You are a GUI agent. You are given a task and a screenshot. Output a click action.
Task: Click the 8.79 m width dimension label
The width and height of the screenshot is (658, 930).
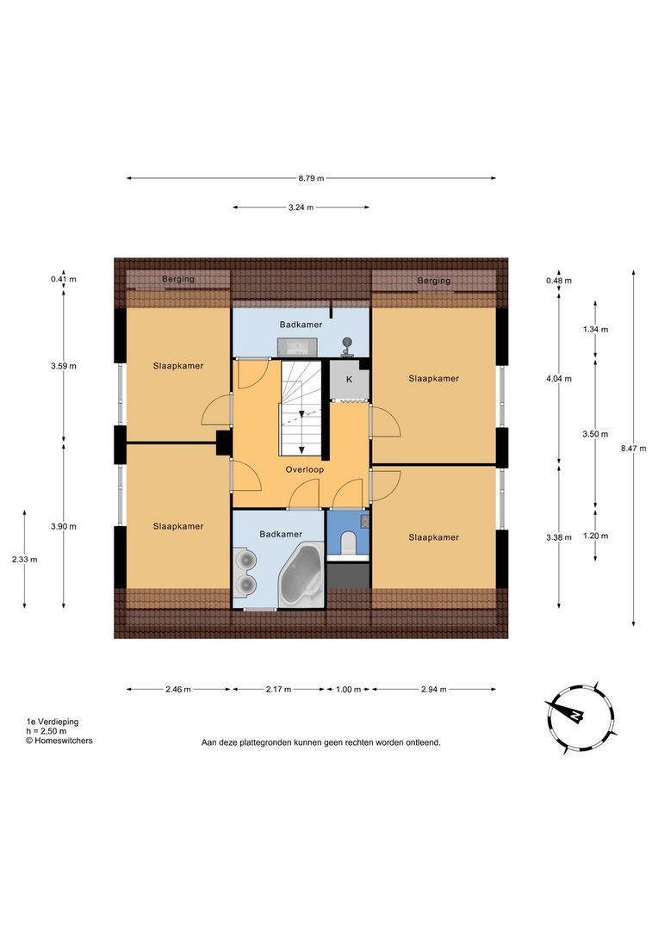311,178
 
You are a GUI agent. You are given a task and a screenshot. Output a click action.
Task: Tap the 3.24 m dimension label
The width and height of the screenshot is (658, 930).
301,208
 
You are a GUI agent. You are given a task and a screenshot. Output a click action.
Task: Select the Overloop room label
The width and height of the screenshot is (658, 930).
304,470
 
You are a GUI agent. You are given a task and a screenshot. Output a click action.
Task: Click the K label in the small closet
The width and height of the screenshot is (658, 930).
349,380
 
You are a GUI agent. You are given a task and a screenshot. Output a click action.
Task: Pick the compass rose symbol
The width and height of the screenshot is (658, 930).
579,717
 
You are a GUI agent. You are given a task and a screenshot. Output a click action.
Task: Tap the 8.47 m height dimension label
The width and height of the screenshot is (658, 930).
634,449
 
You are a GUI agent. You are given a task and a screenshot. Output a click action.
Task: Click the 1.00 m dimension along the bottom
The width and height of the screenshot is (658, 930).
348,689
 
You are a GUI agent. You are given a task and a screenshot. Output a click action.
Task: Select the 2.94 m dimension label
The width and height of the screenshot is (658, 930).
434,689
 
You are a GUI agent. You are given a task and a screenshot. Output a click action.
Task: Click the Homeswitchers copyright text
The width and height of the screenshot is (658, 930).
59,741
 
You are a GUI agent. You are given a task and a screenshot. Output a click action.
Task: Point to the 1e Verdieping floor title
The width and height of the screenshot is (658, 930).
52,722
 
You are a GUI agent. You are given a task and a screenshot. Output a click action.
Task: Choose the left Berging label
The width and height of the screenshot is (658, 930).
178,279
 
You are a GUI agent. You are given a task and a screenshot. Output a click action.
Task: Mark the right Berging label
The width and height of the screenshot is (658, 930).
434,281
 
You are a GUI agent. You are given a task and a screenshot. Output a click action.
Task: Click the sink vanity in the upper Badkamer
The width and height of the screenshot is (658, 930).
297,347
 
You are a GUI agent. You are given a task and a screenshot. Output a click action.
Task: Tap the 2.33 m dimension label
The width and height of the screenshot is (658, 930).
24,560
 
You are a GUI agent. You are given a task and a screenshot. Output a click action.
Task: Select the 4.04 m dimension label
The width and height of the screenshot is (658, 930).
559,378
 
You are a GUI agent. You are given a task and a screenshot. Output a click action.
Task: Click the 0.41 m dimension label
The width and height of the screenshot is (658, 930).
64,279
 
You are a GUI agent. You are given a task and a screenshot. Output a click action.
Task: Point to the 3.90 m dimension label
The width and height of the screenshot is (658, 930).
64,527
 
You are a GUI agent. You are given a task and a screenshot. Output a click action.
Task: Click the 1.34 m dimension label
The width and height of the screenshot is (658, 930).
595,330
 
